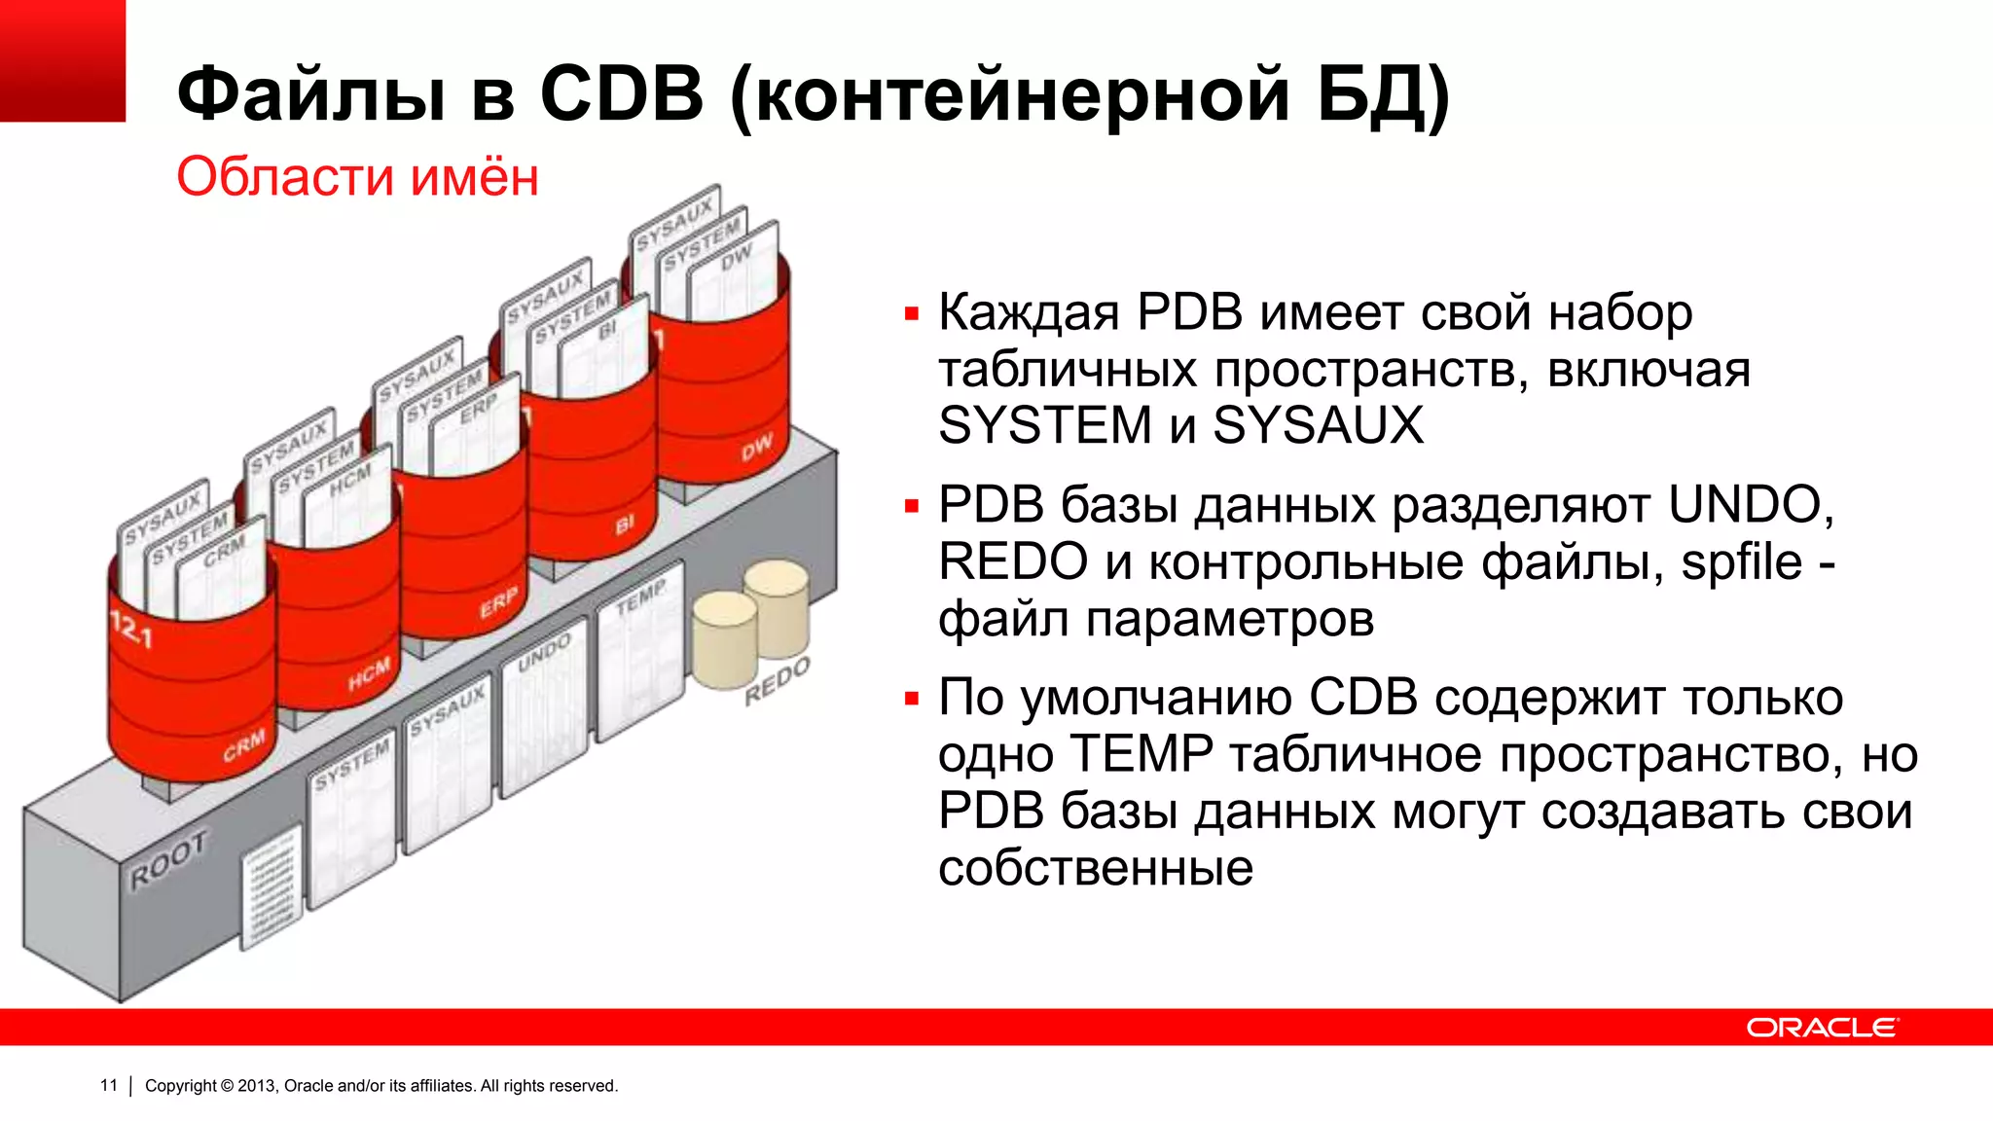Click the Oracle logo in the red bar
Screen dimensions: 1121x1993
[x=1821, y=1028]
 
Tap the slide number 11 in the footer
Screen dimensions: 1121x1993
[x=108, y=1085]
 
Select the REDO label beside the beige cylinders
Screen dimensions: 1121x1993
[x=777, y=680]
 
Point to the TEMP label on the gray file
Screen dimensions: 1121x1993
[x=641, y=597]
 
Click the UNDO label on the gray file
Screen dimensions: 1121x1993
[x=545, y=653]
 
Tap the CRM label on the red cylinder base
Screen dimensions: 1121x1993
[x=243, y=746]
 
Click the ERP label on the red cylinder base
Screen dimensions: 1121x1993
[x=498, y=603]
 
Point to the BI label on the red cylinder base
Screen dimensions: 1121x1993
[x=625, y=524]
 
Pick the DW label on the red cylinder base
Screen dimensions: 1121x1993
[x=756, y=449]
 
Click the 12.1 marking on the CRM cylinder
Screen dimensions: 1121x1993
[x=131, y=630]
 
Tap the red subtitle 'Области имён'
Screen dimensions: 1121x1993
[x=357, y=177]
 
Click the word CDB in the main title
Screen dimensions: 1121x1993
[x=621, y=94]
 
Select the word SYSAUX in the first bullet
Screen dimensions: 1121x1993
[x=1318, y=425]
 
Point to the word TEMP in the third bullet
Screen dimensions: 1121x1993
[x=1141, y=754]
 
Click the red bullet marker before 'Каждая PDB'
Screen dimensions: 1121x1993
[x=912, y=314]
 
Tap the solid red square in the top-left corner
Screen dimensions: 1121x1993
[x=62, y=60]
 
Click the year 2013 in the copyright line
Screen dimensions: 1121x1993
[x=257, y=1086]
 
